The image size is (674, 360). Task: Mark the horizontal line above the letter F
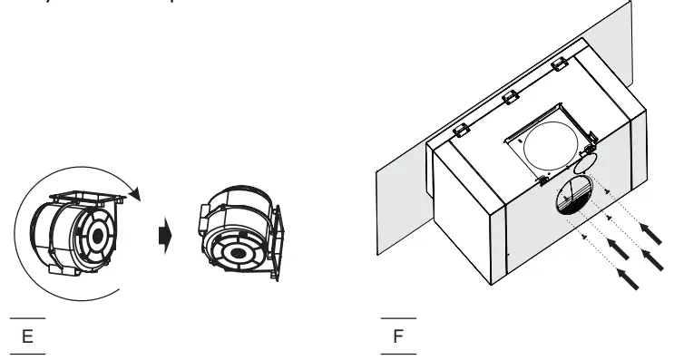[398, 318]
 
